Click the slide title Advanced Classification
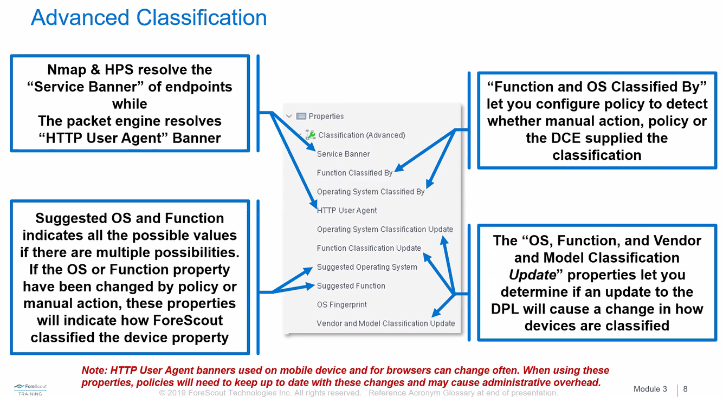point(149,17)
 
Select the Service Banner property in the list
point(343,154)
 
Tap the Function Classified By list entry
point(354,173)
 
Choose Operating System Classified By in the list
point(371,192)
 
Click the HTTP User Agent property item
point(347,210)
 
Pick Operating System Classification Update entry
point(385,229)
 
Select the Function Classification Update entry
point(369,248)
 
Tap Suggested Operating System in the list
point(367,267)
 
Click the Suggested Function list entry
point(351,286)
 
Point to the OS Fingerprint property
point(341,304)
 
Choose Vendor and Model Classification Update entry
point(385,323)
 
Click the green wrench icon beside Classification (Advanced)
point(311,135)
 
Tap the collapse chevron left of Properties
point(289,116)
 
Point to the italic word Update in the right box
point(532,275)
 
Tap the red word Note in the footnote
point(93,370)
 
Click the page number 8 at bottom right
point(686,389)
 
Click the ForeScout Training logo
point(30,389)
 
